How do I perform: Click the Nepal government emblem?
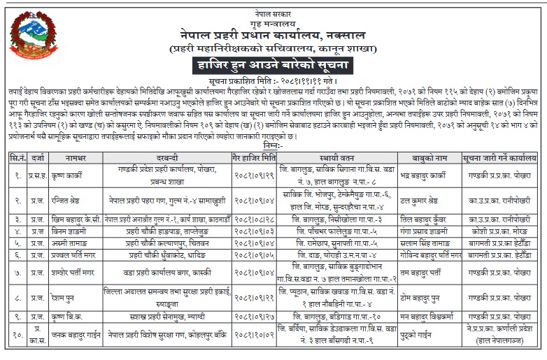28,40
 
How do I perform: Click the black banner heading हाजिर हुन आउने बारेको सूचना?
273,66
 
